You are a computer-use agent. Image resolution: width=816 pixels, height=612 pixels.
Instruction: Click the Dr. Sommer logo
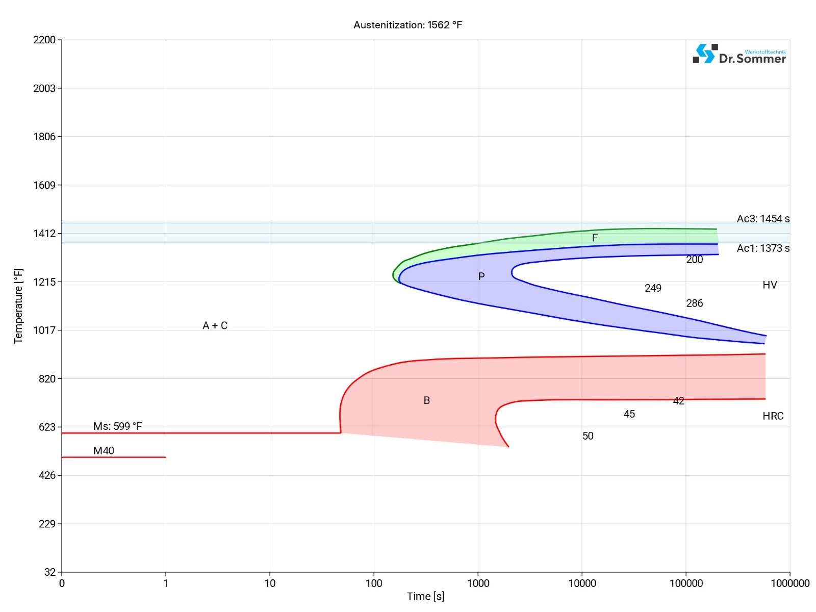pyautogui.click(x=739, y=54)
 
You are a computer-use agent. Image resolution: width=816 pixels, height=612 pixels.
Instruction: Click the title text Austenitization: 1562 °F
pyautogui.click(x=407, y=25)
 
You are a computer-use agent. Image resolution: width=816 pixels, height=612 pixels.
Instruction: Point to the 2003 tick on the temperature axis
pyautogui.click(x=44, y=88)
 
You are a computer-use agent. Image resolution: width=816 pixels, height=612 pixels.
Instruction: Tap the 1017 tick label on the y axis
pyautogui.click(x=44, y=330)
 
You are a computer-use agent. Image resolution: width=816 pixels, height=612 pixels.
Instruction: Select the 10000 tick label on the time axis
pyautogui.click(x=581, y=583)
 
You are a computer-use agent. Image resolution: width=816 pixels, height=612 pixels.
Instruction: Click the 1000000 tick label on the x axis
pyautogui.click(x=789, y=583)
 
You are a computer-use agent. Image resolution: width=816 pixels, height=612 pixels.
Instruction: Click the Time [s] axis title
pyautogui.click(x=425, y=596)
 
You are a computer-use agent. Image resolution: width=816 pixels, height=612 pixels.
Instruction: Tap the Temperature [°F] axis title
pyautogui.click(x=19, y=306)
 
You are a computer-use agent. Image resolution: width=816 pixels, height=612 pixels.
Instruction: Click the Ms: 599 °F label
pyautogui.click(x=117, y=426)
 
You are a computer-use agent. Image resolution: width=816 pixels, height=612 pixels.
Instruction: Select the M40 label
pyautogui.click(x=104, y=450)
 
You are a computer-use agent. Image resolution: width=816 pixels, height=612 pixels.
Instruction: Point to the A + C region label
pyautogui.click(x=215, y=325)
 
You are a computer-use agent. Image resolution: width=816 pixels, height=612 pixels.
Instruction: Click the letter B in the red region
pyautogui.click(x=427, y=400)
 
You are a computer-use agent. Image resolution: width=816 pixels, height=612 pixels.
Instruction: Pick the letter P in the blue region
pyautogui.click(x=481, y=276)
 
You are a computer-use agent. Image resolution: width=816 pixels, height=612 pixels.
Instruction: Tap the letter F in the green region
pyautogui.click(x=595, y=238)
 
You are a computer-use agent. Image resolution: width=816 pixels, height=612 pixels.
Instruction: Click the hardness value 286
pyautogui.click(x=694, y=303)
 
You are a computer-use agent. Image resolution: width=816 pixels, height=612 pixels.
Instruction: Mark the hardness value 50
pyautogui.click(x=588, y=436)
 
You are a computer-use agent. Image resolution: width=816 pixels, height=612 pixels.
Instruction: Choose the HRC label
pyautogui.click(x=773, y=416)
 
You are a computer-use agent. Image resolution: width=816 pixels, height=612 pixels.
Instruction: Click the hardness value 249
pyautogui.click(x=653, y=288)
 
